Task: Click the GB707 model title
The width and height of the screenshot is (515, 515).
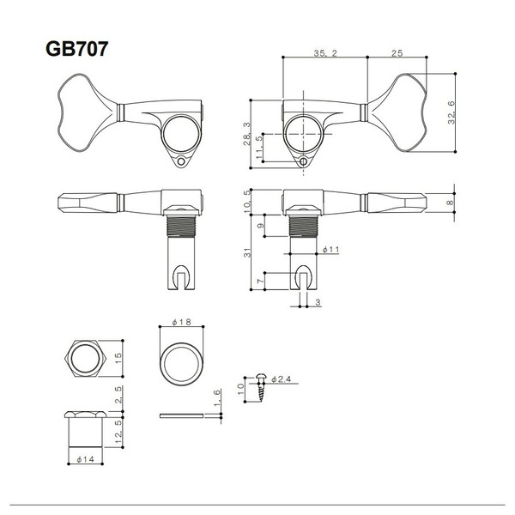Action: (77, 49)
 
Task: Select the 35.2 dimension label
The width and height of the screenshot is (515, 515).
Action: (325, 53)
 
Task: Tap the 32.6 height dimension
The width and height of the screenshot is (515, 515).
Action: (451, 112)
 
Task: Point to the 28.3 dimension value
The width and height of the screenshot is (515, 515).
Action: (247, 134)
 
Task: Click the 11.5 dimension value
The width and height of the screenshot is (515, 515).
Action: (259, 148)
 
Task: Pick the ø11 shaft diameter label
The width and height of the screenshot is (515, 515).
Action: (330, 250)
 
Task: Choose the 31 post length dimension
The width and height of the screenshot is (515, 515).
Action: (247, 252)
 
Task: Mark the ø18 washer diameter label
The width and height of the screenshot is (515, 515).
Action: (182, 322)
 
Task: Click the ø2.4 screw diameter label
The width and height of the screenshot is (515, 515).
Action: (282, 379)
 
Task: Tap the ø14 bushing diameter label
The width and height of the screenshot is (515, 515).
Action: (85, 459)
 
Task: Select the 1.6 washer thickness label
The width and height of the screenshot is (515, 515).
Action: (218, 397)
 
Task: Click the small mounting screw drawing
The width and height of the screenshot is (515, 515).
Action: (262, 388)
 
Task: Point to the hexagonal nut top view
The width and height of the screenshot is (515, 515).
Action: (85, 358)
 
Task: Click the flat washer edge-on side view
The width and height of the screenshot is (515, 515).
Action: (181, 415)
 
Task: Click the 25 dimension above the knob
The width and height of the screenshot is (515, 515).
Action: (397, 53)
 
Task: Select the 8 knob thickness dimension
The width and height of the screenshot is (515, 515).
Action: (450, 203)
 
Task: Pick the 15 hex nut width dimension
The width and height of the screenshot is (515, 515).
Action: (118, 358)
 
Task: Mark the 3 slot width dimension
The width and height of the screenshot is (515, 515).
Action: (318, 302)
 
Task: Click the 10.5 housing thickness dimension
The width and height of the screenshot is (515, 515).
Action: (247, 201)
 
